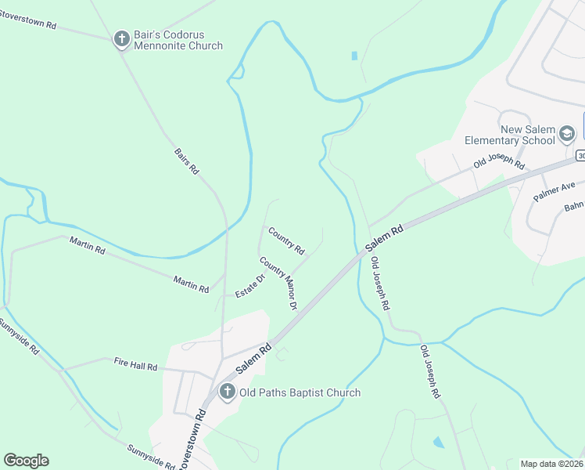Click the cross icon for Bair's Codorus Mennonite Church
121,38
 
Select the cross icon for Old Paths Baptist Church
227,392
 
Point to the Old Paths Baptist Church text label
300,392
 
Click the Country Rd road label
286,240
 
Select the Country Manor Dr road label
279,283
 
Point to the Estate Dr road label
251,284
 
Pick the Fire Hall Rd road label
135,365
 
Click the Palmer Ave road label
554,190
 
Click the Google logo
26,461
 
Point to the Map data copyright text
552,464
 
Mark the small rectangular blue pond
354,56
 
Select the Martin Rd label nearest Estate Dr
191,284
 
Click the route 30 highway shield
580,156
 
